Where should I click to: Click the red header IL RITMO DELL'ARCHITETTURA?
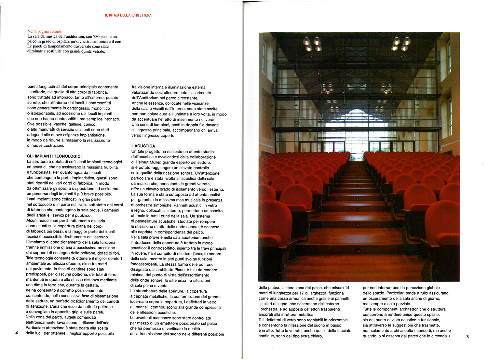(x=128, y=15)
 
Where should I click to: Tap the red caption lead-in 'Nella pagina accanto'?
(x=45, y=32)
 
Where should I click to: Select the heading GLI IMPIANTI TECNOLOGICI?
(x=54, y=156)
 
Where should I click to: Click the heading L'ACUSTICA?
(x=143, y=146)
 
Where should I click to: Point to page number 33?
(x=468, y=336)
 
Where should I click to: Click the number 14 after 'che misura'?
(x=347, y=287)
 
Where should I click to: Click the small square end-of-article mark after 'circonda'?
(x=449, y=336)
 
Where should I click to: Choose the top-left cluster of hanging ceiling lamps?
(x=312, y=44)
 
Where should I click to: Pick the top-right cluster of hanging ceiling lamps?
(x=401, y=44)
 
